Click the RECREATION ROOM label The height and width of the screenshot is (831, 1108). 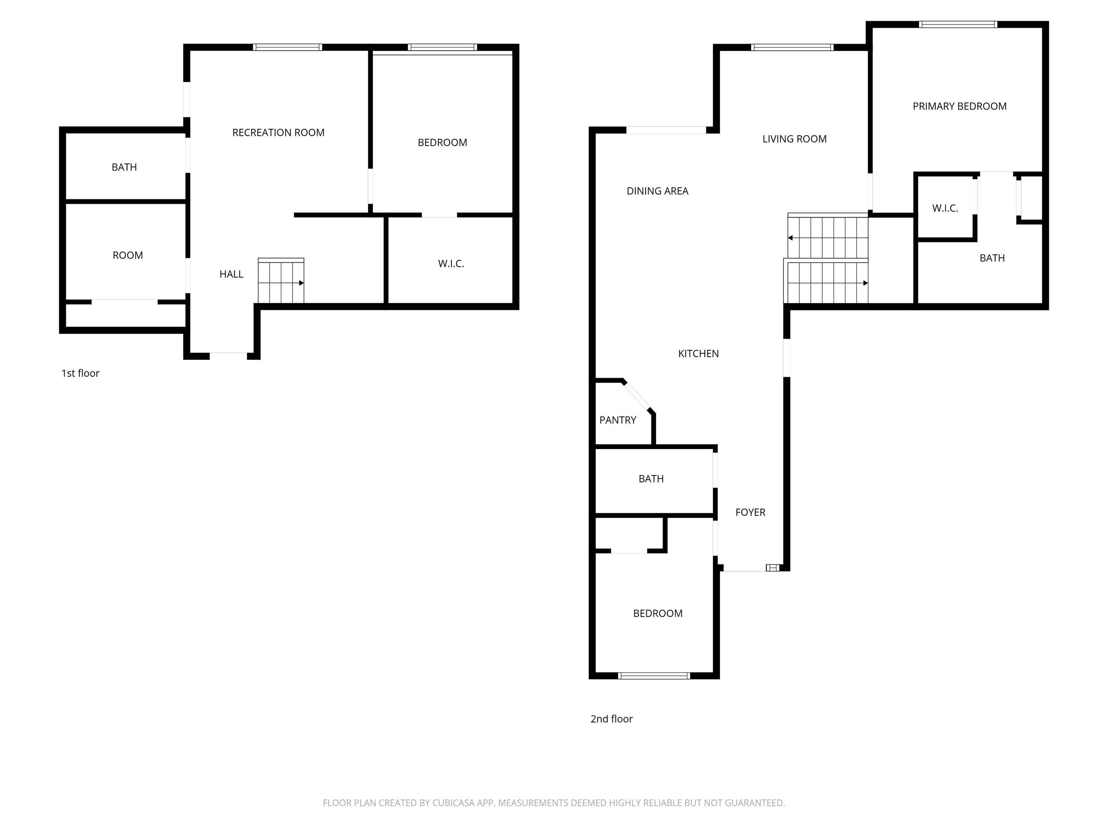coord(278,133)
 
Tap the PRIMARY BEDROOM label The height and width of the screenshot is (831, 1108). coord(959,106)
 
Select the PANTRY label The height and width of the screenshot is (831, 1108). coord(617,420)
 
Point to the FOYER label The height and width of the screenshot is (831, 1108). coord(750,513)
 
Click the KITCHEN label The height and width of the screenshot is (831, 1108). coord(698,353)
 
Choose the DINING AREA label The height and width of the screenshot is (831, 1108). coord(657,191)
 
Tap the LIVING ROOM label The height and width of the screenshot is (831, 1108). coord(795,139)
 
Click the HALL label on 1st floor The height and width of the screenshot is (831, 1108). coord(232,274)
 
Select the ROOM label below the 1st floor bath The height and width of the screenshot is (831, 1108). coord(128,255)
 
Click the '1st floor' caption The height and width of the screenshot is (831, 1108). coord(80,373)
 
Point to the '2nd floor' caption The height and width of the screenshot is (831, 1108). coord(612,719)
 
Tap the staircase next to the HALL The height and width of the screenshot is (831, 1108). coord(281,281)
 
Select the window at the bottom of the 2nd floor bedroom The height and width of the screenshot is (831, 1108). coord(654,676)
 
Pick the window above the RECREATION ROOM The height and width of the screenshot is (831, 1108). coord(287,47)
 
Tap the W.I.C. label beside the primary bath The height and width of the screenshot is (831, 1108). coord(945,208)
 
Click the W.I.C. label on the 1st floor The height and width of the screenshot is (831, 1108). coord(451,264)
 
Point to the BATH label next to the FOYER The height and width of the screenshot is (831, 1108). coord(651,479)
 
